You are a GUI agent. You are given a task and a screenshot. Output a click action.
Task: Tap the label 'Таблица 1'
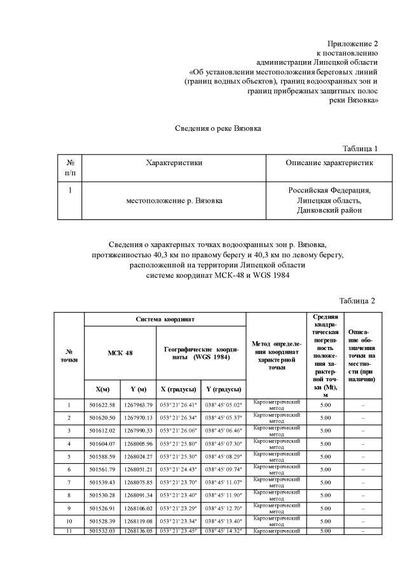(x=360, y=149)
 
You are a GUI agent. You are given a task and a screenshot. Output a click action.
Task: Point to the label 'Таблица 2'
(x=357, y=301)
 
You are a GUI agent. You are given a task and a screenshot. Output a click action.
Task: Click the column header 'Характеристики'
(x=174, y=163)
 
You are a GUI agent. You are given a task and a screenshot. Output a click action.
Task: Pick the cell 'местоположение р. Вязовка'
(x=174, y=201)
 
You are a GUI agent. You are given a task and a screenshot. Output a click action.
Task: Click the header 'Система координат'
(x=165, y=319)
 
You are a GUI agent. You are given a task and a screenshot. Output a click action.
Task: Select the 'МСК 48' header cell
(x=120, y=353)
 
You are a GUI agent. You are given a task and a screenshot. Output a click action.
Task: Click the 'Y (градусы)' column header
(x=223, y=388)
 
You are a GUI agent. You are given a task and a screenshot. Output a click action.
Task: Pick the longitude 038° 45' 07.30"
(x=223, y=443)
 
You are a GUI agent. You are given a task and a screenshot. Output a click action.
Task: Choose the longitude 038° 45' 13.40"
(x=223, y=521)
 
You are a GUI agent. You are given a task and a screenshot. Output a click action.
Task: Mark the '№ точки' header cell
(x=69, y=356)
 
